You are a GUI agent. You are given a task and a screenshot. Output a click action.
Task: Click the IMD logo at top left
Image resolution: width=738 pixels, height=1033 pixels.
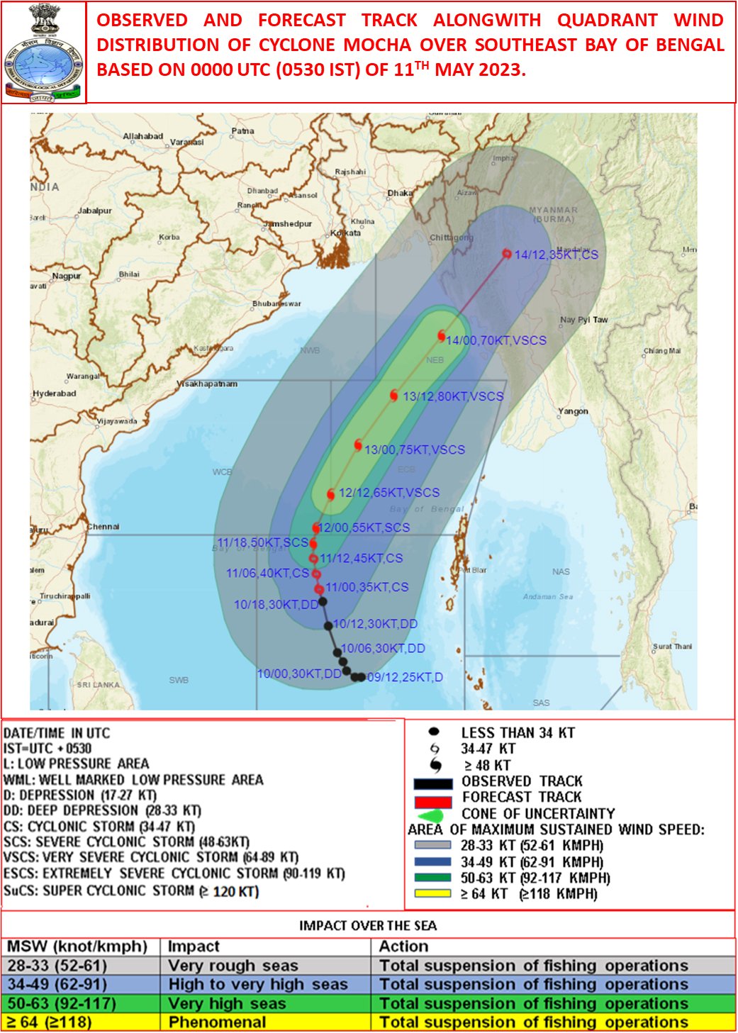pyautogui.click(x=43, y=53)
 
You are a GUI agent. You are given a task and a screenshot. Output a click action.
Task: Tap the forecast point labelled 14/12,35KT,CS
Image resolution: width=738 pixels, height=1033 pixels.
pyautogui.click(x=507, y=254)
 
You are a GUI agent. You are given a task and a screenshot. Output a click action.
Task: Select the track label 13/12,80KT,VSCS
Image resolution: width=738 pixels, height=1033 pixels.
pyautogui.click(x=453, y=396)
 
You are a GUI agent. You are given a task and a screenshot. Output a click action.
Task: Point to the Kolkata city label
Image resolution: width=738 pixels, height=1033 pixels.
pyautogui.click(x=345, y=233)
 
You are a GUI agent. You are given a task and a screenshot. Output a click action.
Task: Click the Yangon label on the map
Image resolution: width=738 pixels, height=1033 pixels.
pyautogui.click(x=573, y=411)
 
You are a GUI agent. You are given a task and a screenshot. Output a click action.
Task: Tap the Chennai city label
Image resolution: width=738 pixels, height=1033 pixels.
pyautogui.click(x=104, y=527)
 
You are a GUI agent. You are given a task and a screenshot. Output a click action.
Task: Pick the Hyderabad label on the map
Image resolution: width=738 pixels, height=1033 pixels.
pyautogui.click(x=55, y=393)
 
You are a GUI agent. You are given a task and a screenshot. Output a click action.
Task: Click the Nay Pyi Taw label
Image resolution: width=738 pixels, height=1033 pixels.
pyautogui.click(x=583, y=320)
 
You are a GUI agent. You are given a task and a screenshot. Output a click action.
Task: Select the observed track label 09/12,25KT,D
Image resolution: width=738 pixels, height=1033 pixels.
pyautogui.click(x=405, y=677)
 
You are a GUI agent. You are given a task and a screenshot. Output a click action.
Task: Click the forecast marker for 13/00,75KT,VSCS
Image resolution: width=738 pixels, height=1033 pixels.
pyautogui.click(x=358, y=445)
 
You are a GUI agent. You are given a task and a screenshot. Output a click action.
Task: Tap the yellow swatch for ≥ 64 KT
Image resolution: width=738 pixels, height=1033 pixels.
pyautogui.click(x=432, y=893)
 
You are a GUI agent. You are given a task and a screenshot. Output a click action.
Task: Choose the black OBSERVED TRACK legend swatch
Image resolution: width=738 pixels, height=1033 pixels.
pyautogui.click(x=432, y=783)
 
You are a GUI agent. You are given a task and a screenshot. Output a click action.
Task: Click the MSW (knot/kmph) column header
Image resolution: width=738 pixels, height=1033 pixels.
pyautogui.click(x=77, y=947)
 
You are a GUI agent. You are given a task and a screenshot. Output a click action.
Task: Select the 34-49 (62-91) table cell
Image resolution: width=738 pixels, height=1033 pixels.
pyautogui.click(x=57, y=984)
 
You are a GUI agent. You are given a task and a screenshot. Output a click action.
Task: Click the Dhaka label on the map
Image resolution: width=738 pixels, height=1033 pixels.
pyautogui.click(x=400, y=193)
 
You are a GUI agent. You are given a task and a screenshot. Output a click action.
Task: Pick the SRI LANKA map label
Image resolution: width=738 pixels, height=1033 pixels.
pyautogui.click(x=98, y=685)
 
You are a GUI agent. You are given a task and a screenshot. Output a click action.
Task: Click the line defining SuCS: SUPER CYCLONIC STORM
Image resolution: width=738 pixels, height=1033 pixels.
pyautogui.click(x=131, y=891)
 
